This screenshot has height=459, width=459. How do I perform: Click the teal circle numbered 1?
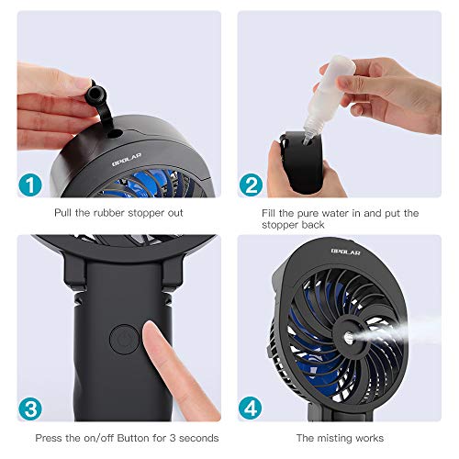coord(31,185)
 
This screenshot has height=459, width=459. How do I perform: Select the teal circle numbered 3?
coord(31,407)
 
